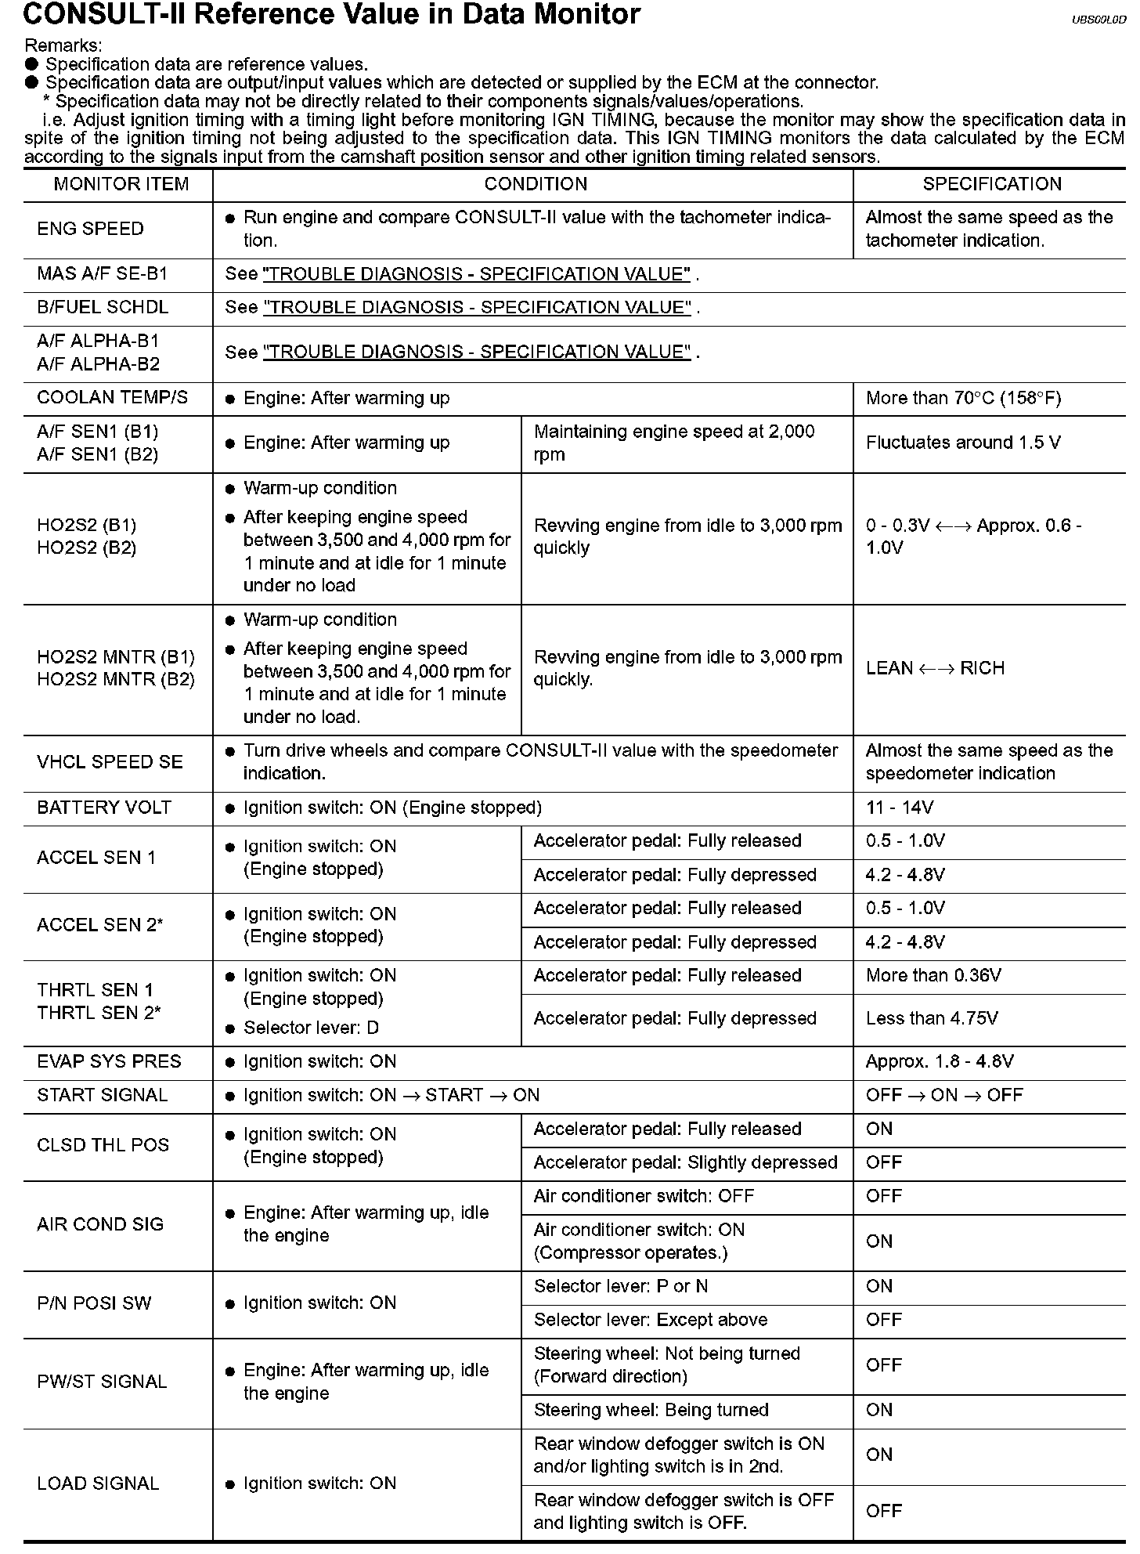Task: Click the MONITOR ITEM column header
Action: click(x=121, y=184)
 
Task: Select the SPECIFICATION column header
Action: click(x=991, y=184)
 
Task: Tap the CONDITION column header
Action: click(x=536, y=184)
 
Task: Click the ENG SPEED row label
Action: click(x=90, y=229)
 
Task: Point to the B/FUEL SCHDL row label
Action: click(x=103, y=307)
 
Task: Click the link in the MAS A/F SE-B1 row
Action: click(x=477, y=274)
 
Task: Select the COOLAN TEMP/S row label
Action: click(x=112, y=398)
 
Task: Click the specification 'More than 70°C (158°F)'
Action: click(x=963, y=399)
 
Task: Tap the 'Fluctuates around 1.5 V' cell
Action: click(x=963, y=443)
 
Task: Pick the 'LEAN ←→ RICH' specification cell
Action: click(x=935, y=668)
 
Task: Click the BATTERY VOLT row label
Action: click(x=103, y=808)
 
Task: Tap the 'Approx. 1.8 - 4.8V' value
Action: click(x=940, y=1062)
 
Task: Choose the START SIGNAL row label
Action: click(x=102, y=1095)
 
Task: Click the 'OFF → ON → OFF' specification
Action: click(x=944, y=1095)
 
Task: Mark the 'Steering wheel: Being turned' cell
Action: click(x=651, y=1410)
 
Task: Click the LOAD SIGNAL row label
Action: click(x=98, y=1483)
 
